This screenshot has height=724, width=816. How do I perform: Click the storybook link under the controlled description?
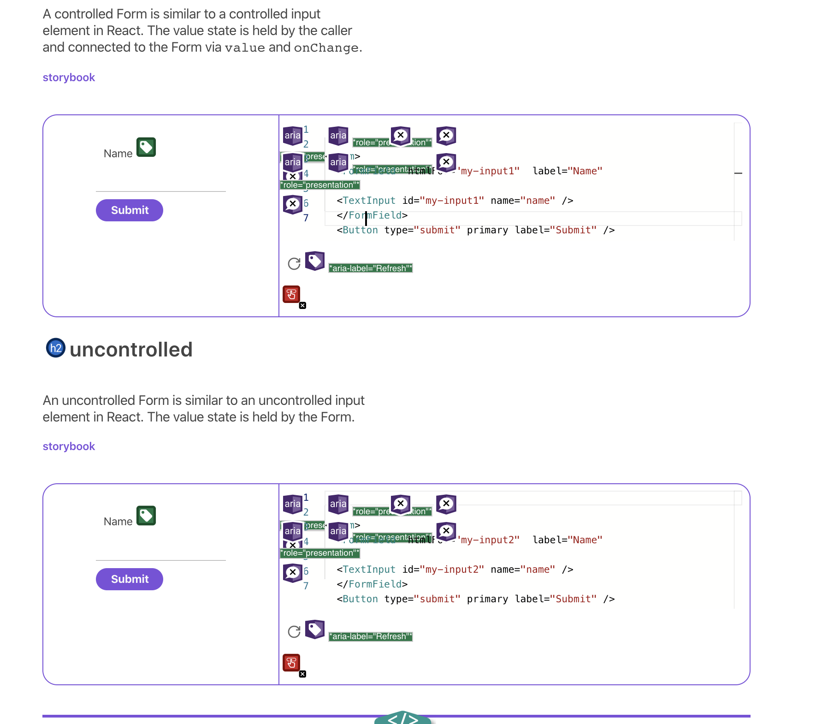[69, 77]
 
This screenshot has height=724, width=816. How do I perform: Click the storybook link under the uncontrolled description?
[69, 446]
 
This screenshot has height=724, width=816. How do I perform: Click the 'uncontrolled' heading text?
[131, 350]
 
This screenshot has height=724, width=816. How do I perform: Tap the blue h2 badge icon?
[56, 348]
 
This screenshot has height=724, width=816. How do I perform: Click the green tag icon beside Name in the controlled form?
[146, 148]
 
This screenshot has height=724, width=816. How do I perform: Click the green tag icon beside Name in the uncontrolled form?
[146, 516]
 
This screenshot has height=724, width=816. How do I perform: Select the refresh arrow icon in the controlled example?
[294, 264]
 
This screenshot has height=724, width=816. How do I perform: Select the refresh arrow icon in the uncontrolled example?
[294, 632]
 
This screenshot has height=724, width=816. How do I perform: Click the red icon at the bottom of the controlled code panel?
[291, 294]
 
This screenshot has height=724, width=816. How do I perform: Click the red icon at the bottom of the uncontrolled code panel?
[291, 663]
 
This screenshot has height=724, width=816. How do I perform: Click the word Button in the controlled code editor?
[360, 230]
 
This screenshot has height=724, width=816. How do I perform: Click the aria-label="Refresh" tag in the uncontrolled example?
[371, 636]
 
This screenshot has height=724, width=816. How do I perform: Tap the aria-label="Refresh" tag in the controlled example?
[371, 268]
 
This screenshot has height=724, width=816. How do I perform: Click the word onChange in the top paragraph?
[326, 48]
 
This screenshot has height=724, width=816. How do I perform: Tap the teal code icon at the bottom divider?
[402, 718]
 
